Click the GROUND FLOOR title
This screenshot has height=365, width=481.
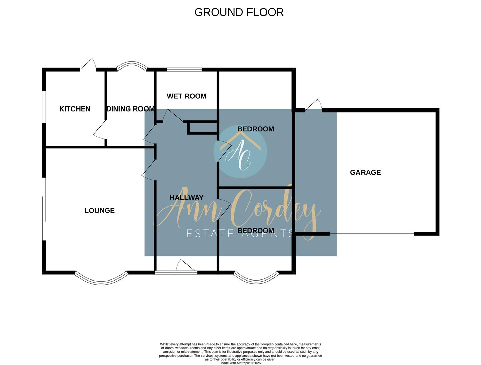[239, 12]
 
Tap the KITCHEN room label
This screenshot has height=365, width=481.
[75, 109]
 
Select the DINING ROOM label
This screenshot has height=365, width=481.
[130, 109]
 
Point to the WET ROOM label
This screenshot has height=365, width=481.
[187, 96]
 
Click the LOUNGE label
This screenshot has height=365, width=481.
[100, 211]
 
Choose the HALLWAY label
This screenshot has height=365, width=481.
[187, 198]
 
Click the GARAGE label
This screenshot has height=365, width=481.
[365, 172]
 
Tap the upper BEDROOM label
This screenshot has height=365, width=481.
[256, 129]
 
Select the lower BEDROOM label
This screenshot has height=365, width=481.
[256, 231]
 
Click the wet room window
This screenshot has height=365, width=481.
[184, 70]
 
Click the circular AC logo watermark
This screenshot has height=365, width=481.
[240, 152]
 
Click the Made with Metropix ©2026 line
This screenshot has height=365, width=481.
[240, 363]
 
